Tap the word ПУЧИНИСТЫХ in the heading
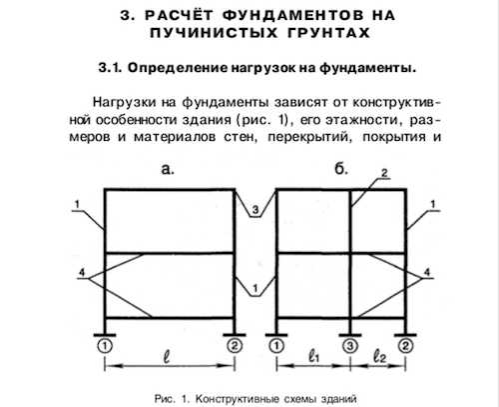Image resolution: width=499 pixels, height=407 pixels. click(214, 33)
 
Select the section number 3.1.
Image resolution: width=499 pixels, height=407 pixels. click(112, 68)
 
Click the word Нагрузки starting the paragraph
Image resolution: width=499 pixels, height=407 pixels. click(124, 102)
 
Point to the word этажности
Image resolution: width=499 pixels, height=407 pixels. click(364, 120)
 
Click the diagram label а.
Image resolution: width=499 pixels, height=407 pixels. click(168, 169)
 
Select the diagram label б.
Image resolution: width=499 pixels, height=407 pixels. click(341, 169)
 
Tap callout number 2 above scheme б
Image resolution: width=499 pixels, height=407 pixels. click(384, 173)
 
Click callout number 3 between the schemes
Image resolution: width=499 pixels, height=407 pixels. click(255, 210)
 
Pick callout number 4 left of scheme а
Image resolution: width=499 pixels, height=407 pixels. click(82, 272)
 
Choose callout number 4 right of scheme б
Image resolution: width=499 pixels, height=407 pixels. click(427, 272)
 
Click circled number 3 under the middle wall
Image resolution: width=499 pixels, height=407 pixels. click(350, 346)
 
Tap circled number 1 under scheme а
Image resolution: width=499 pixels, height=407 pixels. click(105, 346)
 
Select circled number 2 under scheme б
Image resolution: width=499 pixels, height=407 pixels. click(405, 346)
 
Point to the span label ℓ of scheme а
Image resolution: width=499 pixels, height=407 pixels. click(167, 357)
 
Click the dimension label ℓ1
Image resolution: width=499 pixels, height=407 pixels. click(313, 357)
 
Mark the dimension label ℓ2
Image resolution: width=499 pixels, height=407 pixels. click(379, 357)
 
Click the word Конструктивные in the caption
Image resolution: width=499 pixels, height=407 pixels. click(237, 399)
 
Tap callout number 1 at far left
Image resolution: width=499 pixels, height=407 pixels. click(77, 204)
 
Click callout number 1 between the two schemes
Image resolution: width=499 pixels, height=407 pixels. click(255, 288)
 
